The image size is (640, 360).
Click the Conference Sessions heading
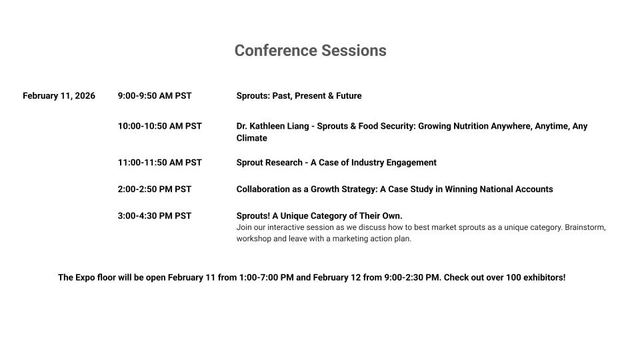(310, 51)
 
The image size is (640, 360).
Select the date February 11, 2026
(59, 96)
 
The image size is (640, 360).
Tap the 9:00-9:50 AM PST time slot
(155, 96)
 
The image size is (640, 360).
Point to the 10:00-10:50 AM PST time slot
(160, 126)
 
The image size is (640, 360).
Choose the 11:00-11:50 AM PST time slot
(160, 163)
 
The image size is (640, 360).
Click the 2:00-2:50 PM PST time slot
(155, 189)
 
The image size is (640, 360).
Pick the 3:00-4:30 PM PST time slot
(155, 216)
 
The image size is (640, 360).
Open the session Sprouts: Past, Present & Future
(299, 96)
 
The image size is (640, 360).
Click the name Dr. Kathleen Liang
(273, 126)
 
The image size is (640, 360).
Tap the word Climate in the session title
(252, 138)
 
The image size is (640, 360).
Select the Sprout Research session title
(336, 163)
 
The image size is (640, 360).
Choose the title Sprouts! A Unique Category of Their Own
(319, 216)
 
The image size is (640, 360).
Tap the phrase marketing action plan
(372, 239)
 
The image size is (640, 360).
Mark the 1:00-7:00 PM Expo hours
(266, 277)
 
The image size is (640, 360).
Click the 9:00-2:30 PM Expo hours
(413, 277)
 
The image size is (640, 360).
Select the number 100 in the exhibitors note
(513, 277)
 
